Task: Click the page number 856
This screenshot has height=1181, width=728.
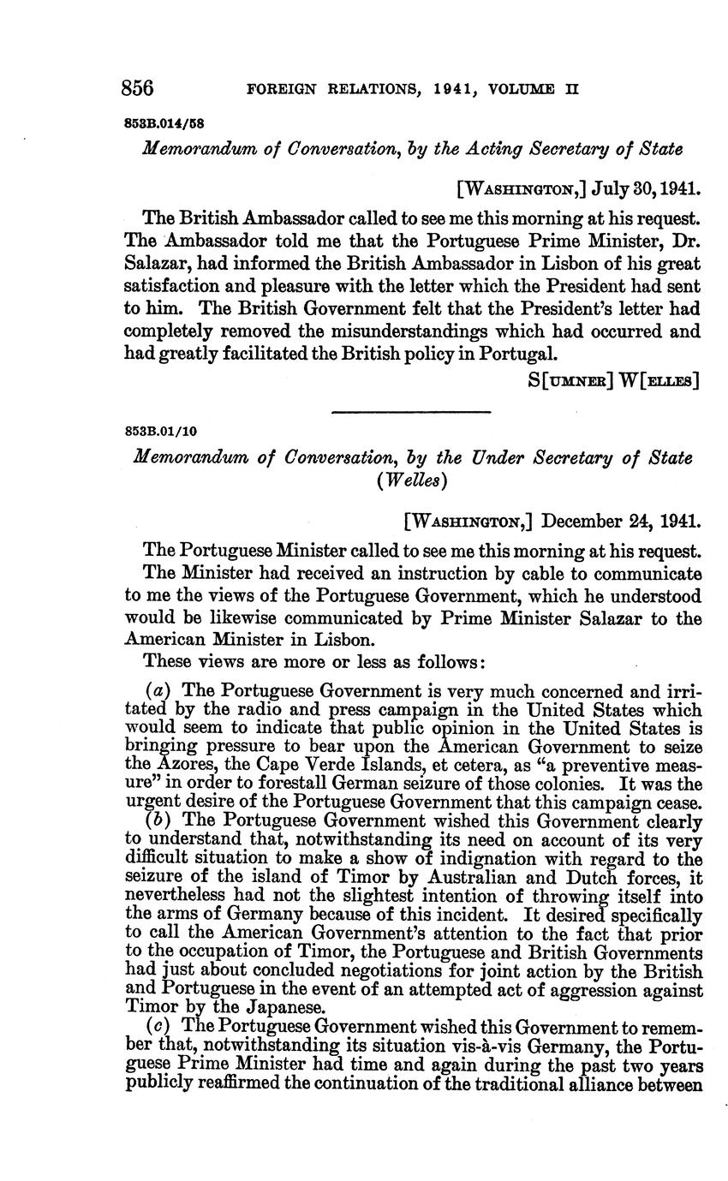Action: click(x=138, y=88)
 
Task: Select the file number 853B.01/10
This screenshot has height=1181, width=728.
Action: click(x=160, y=431)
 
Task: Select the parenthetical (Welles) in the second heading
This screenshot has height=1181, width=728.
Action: click(x=411, y=480)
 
